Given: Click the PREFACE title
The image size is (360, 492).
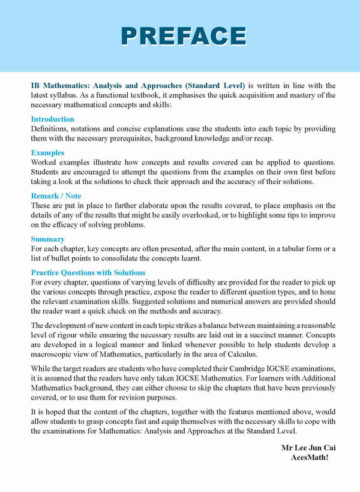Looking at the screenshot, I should (x=184, y=35).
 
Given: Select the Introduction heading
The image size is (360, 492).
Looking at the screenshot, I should (x=53, y=119).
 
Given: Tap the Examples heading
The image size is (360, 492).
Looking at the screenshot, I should (x=47, y=153).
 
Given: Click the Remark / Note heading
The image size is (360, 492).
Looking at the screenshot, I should (x=56, y=196).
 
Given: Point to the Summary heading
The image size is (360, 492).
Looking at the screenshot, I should (x=47, y=239).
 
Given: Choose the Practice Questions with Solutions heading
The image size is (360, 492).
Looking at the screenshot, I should (x=88, y=273).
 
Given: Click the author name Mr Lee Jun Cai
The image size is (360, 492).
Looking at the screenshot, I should (x=305, y=448).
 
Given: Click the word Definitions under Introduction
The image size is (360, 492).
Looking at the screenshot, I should (x=50, y=129).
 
